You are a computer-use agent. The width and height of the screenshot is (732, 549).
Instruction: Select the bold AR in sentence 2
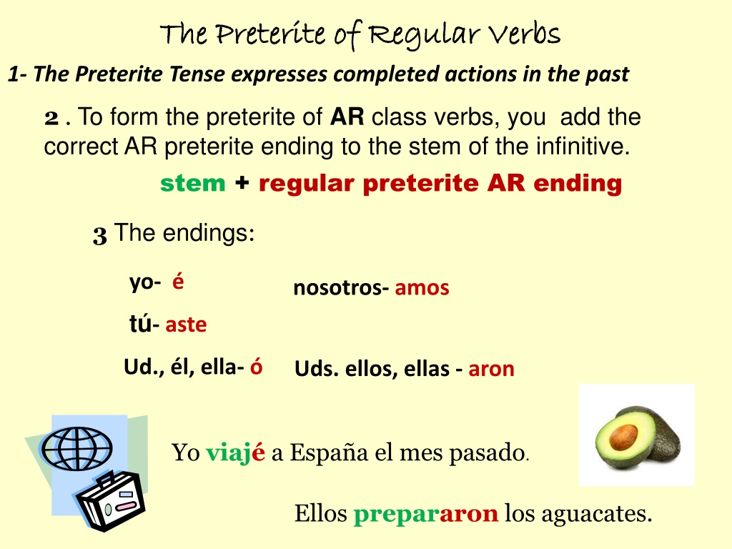coord(347,117)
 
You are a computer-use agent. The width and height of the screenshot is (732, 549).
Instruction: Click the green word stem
coord(193,184)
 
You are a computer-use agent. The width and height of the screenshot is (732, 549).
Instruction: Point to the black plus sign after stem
coord(242,182)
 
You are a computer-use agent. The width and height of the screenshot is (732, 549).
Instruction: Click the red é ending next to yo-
coord(178,281)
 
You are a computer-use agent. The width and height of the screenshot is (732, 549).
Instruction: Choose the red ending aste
coord(186,325)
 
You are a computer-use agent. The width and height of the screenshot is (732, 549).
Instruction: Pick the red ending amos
coord(422,288)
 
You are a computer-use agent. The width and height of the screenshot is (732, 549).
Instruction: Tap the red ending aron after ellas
coord(491,370)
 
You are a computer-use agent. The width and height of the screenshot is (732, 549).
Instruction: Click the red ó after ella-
coord(257,367)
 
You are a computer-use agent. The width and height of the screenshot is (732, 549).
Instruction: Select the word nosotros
coord(338,288)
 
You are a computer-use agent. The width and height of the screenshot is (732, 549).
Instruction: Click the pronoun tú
coord(141,324)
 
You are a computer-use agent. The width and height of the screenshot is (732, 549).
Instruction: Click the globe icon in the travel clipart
coord(77,449)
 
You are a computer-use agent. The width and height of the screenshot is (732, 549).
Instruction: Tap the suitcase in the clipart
coord(111,502)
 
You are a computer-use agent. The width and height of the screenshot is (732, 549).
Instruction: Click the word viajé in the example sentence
coord(235,452)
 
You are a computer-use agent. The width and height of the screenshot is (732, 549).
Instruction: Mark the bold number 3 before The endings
coord(100,234)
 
